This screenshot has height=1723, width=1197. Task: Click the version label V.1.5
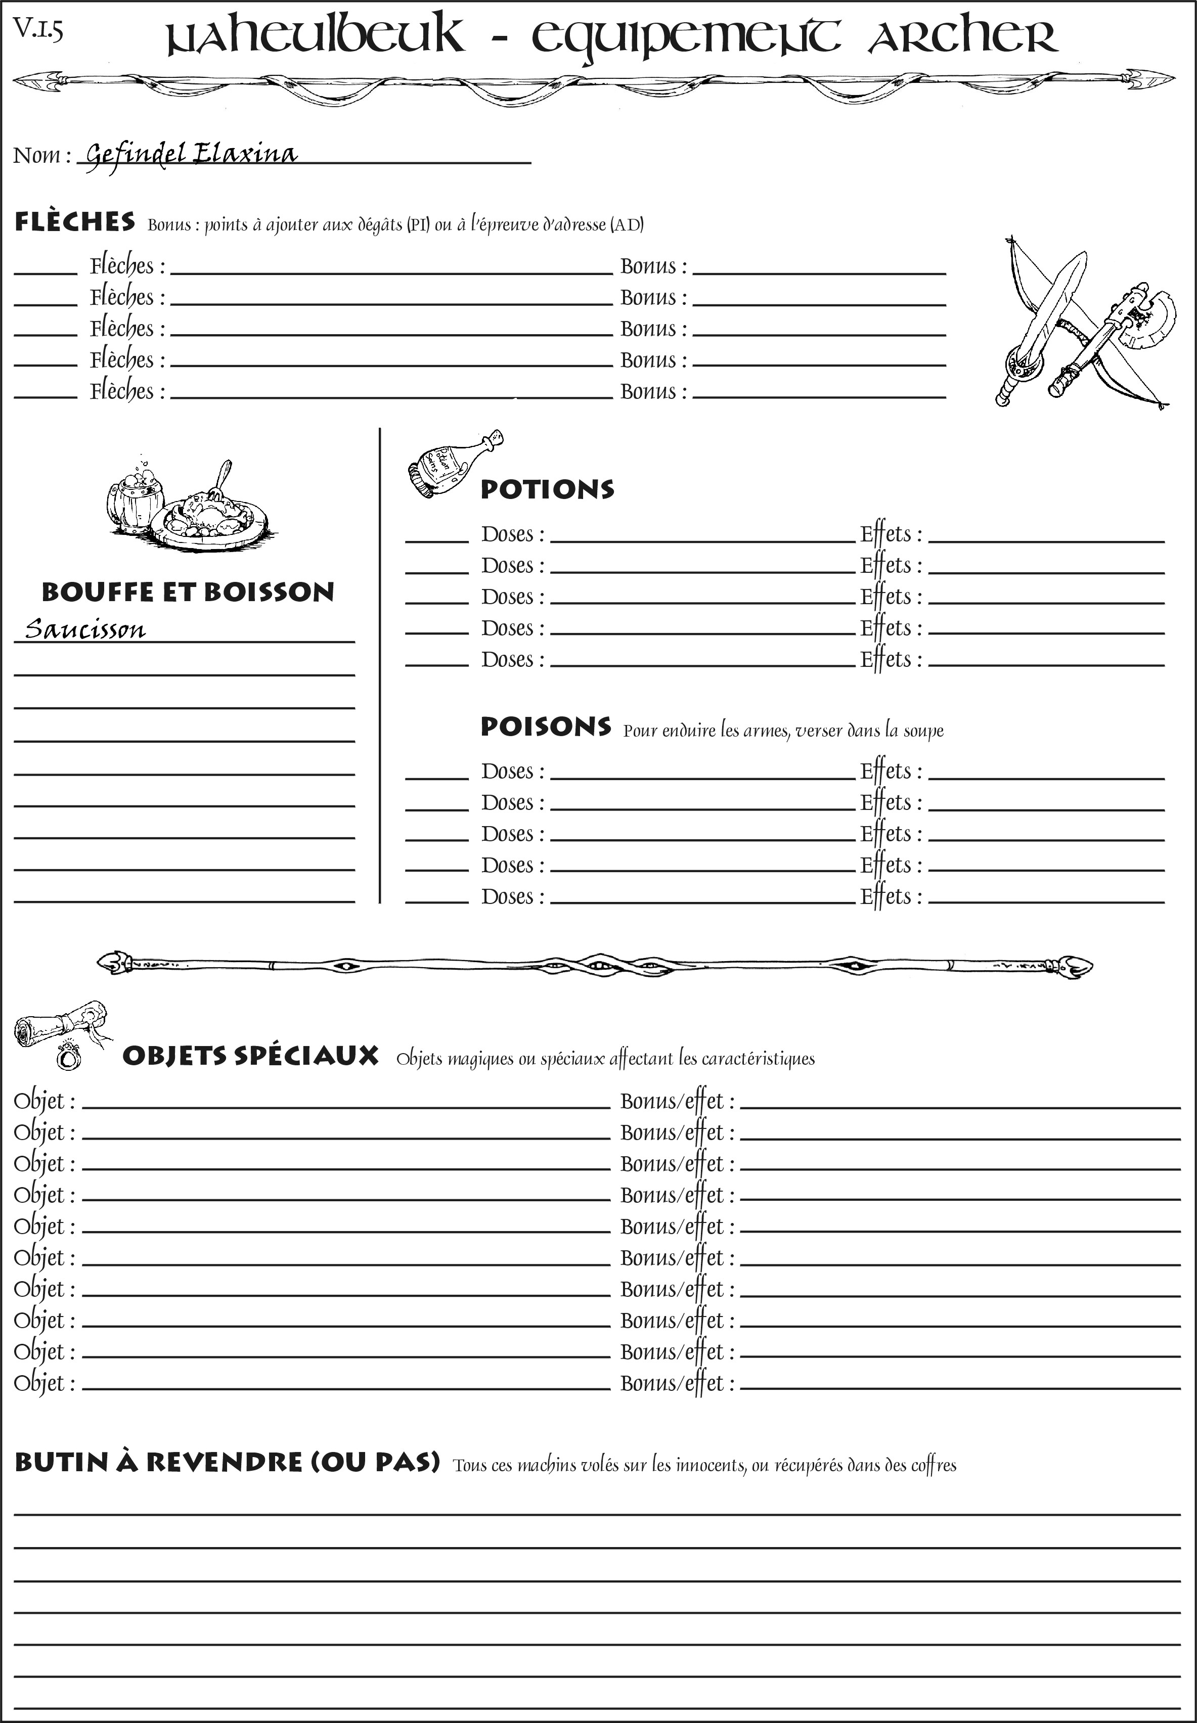pos(37,30)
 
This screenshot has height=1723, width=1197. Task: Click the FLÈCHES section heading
pos(75,222)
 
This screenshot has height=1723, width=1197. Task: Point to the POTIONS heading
pos(547,489)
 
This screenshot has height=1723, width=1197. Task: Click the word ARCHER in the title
pos(962,37)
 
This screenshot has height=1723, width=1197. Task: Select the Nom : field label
pos(41,155)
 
